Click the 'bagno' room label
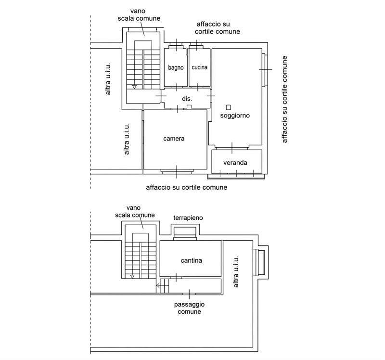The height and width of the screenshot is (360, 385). click(176, 67)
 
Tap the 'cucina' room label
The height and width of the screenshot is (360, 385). click(199, 67)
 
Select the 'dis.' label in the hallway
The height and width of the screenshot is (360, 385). click(187, 99)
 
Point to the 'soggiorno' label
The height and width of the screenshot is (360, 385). click(235, 116)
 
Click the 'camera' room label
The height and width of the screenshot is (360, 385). click(174, 139)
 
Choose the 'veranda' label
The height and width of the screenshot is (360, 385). click(235, 163)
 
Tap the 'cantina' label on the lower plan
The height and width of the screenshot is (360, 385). click(191, 260)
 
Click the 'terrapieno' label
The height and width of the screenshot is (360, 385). click(188, 218)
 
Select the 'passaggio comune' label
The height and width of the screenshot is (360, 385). click(189, 308)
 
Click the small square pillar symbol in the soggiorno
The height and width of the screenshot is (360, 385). click(229, 107)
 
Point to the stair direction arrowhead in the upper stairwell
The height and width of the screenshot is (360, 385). click(134, 87)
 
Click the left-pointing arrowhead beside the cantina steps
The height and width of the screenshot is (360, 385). click(158, 285)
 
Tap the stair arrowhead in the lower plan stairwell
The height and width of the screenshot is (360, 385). click(132, 277)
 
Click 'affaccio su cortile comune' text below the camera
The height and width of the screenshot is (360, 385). click(187, 187)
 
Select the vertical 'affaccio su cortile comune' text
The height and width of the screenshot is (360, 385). click(284, 99)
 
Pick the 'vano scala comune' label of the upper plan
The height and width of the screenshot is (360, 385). click(139, 15)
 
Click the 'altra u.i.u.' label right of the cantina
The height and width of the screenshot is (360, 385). click(236, 271)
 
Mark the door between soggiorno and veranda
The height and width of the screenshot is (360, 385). click(232, 148)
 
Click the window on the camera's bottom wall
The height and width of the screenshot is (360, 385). click(177, 171)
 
